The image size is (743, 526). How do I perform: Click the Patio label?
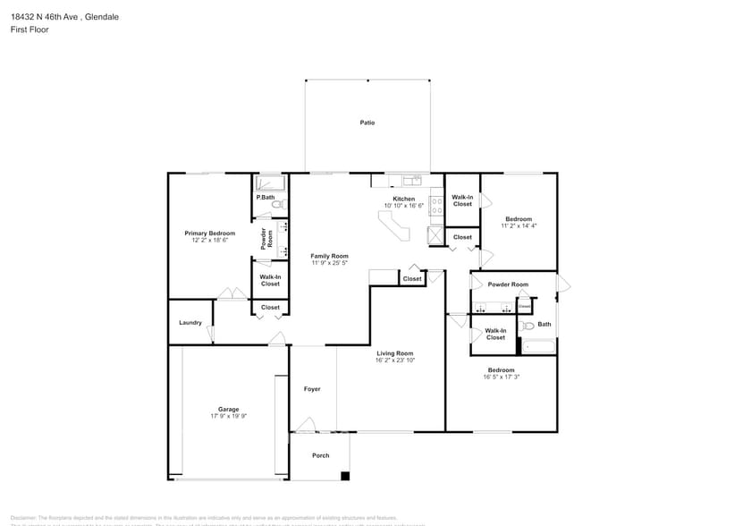[x=367, y=123]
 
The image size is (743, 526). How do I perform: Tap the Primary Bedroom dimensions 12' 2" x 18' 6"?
[x=210, y=241]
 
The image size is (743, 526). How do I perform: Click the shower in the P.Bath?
[x=270, y=183]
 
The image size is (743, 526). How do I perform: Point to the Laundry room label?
[x=190, y=323]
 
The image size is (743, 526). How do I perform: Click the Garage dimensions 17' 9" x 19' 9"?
[x=228, y=416]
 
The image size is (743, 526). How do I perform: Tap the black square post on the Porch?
[x=345, y=475]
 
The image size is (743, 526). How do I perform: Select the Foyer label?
[x=312, y=389]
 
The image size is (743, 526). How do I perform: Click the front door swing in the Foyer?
[x=307, y=424]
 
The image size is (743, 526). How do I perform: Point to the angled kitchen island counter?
[x=393, y=230]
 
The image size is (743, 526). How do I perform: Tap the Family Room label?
[x=329, y=256]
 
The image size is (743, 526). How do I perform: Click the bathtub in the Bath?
[x=539, y=346]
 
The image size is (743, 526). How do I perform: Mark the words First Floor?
[x=30, y=30]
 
